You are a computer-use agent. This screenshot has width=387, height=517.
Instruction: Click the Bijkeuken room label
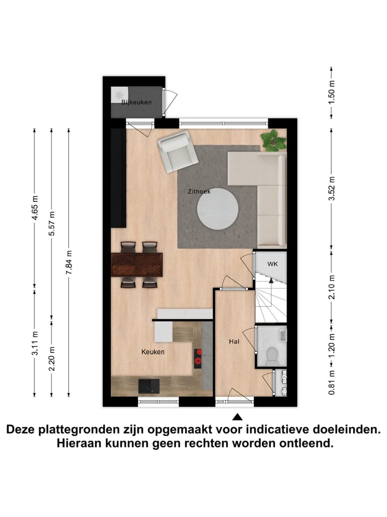pyautogui.click(x=137, y=102)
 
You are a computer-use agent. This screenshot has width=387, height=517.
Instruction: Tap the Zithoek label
pyautogui.click(x=199, y=191)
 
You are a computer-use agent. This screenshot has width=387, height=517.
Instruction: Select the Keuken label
pyautogui.click(x=153, y=352)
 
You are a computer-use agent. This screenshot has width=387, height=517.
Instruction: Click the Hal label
pyautogui.click(x=234, y=341)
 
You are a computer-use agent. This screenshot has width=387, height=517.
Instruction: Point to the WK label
pyautogui.click(x=273, y=264)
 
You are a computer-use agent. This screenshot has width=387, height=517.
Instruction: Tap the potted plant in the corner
pyautogui.click(x=273, y=141)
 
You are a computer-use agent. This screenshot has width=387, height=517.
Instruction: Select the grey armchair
pyautogui.click(x=177, y=152)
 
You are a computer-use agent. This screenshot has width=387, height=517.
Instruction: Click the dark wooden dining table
pyautogui.click(x=137, y=264)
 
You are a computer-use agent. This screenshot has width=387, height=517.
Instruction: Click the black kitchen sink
pyautogui.click(x=149, y=386)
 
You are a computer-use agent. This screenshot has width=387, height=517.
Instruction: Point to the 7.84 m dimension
pyautogui.click(x=69, y=263)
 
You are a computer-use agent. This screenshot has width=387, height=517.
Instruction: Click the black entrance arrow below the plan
pyautogui.click(x=237, y=416)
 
